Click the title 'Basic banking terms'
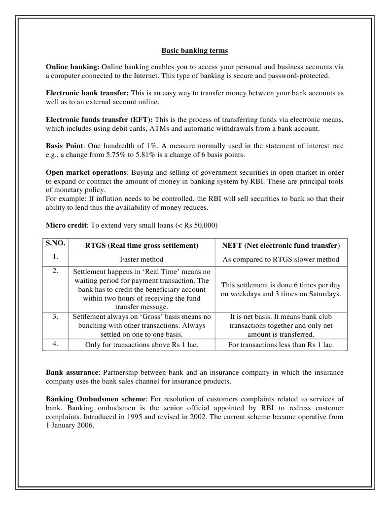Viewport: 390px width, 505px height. click(x=195, y=51)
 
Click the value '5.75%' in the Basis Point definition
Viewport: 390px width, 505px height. click(x=116, y=155)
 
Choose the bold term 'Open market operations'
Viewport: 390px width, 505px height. click(x=86, y=173)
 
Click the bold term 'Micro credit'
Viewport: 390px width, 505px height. click(x=66, y=225)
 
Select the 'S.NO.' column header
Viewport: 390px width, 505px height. click(x=55, y=243)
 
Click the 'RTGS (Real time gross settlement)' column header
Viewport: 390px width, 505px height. click(x=142, y=245)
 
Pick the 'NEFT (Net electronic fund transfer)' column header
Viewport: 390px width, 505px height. click(x=281, y=245)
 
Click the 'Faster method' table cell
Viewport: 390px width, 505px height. click(x=142, y=259)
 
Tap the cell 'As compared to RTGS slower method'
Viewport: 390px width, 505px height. click(x=281, y=259)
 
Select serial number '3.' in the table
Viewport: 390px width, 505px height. click(x=55, y=316)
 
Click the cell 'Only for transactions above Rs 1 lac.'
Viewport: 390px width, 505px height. click(x=142, y=345)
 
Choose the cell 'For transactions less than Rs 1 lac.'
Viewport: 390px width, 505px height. click(x=281, y=345)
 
